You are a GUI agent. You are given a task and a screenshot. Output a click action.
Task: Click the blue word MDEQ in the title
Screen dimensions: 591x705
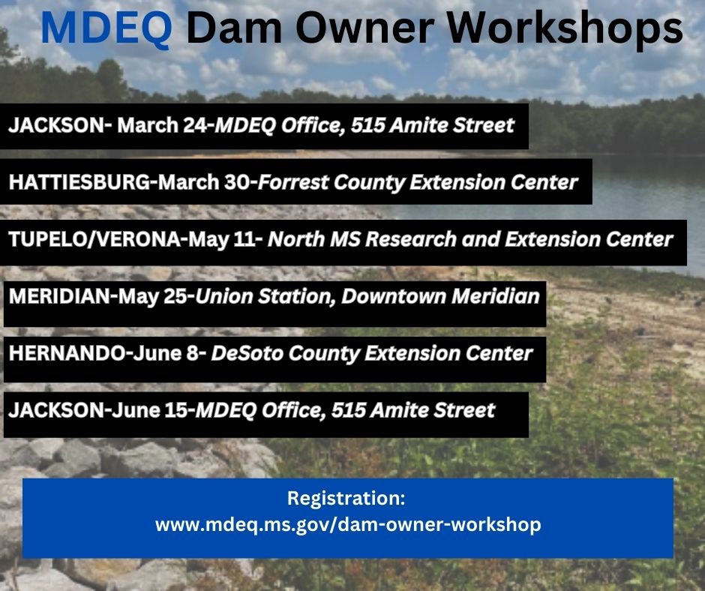(106, 28)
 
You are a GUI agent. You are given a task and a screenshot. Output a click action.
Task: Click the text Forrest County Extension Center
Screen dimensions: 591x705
(418, 182)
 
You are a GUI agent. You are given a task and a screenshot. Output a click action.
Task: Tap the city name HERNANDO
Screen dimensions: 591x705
(61, 353)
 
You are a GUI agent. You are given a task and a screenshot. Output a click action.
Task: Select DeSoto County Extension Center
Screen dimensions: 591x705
(372, 353)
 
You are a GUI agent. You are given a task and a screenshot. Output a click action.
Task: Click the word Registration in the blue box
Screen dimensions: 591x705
(346, 498)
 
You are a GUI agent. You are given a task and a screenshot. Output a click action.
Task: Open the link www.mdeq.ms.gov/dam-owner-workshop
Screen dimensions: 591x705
(347, 524)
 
